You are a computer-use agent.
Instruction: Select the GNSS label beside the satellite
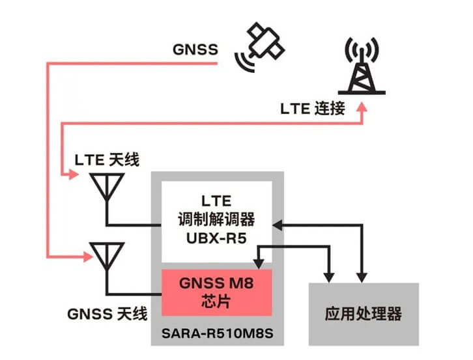coord(195,49)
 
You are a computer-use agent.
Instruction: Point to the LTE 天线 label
coord(107,159)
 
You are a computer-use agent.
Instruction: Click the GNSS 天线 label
coord(107,312)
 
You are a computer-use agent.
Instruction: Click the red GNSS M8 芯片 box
coord(216,292)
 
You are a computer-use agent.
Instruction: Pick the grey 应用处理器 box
coord(363,314)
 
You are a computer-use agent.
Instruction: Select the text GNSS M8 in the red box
coord(216,284)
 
